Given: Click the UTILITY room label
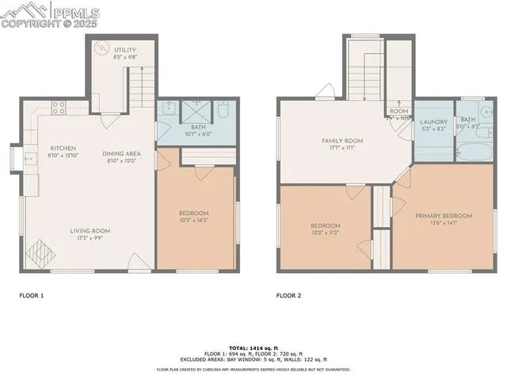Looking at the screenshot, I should click(x=113, y=50).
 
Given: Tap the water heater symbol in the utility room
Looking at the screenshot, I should click(x=100, y=47).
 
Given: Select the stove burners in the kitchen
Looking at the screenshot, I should click(x=58, y=106).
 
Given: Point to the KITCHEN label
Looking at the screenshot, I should click(x=63, y=148).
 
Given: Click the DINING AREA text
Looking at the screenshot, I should click(x=121, y=153).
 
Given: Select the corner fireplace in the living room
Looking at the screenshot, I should click(x=40, y=256).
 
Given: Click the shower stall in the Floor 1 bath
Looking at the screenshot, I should click(x=195, y=109).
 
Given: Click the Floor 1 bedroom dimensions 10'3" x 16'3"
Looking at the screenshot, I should click(x=193, y=220).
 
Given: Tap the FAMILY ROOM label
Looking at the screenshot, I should click(x=341, y=140).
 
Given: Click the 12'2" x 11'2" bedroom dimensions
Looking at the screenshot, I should click(x=325, y=232).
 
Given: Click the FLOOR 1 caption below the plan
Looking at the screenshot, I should click(x=32, y=295).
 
